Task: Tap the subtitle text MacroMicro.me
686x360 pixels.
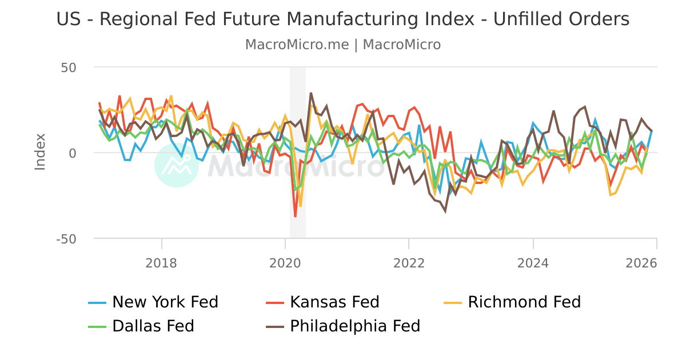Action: [x=297, y=45]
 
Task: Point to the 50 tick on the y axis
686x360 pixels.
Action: [x=69, y=67]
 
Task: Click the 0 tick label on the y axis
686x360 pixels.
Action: [x=72, y=153]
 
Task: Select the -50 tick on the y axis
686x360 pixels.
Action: [x=66, y=239]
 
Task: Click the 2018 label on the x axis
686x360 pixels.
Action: [x=162, y=263]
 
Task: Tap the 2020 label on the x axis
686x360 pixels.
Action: [x=285, y=263]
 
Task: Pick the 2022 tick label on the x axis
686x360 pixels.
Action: [x=409, y=263]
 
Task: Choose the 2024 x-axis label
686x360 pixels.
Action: [x=533, y=263]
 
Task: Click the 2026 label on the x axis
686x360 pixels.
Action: [x=656, y=263]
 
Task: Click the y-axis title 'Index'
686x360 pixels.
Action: [x=40, y=151]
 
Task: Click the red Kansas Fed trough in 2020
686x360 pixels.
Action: [x=296, y=216]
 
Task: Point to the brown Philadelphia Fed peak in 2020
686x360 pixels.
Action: [x=311, y=93]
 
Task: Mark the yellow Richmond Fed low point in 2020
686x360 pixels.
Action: [x=301, y=206]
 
